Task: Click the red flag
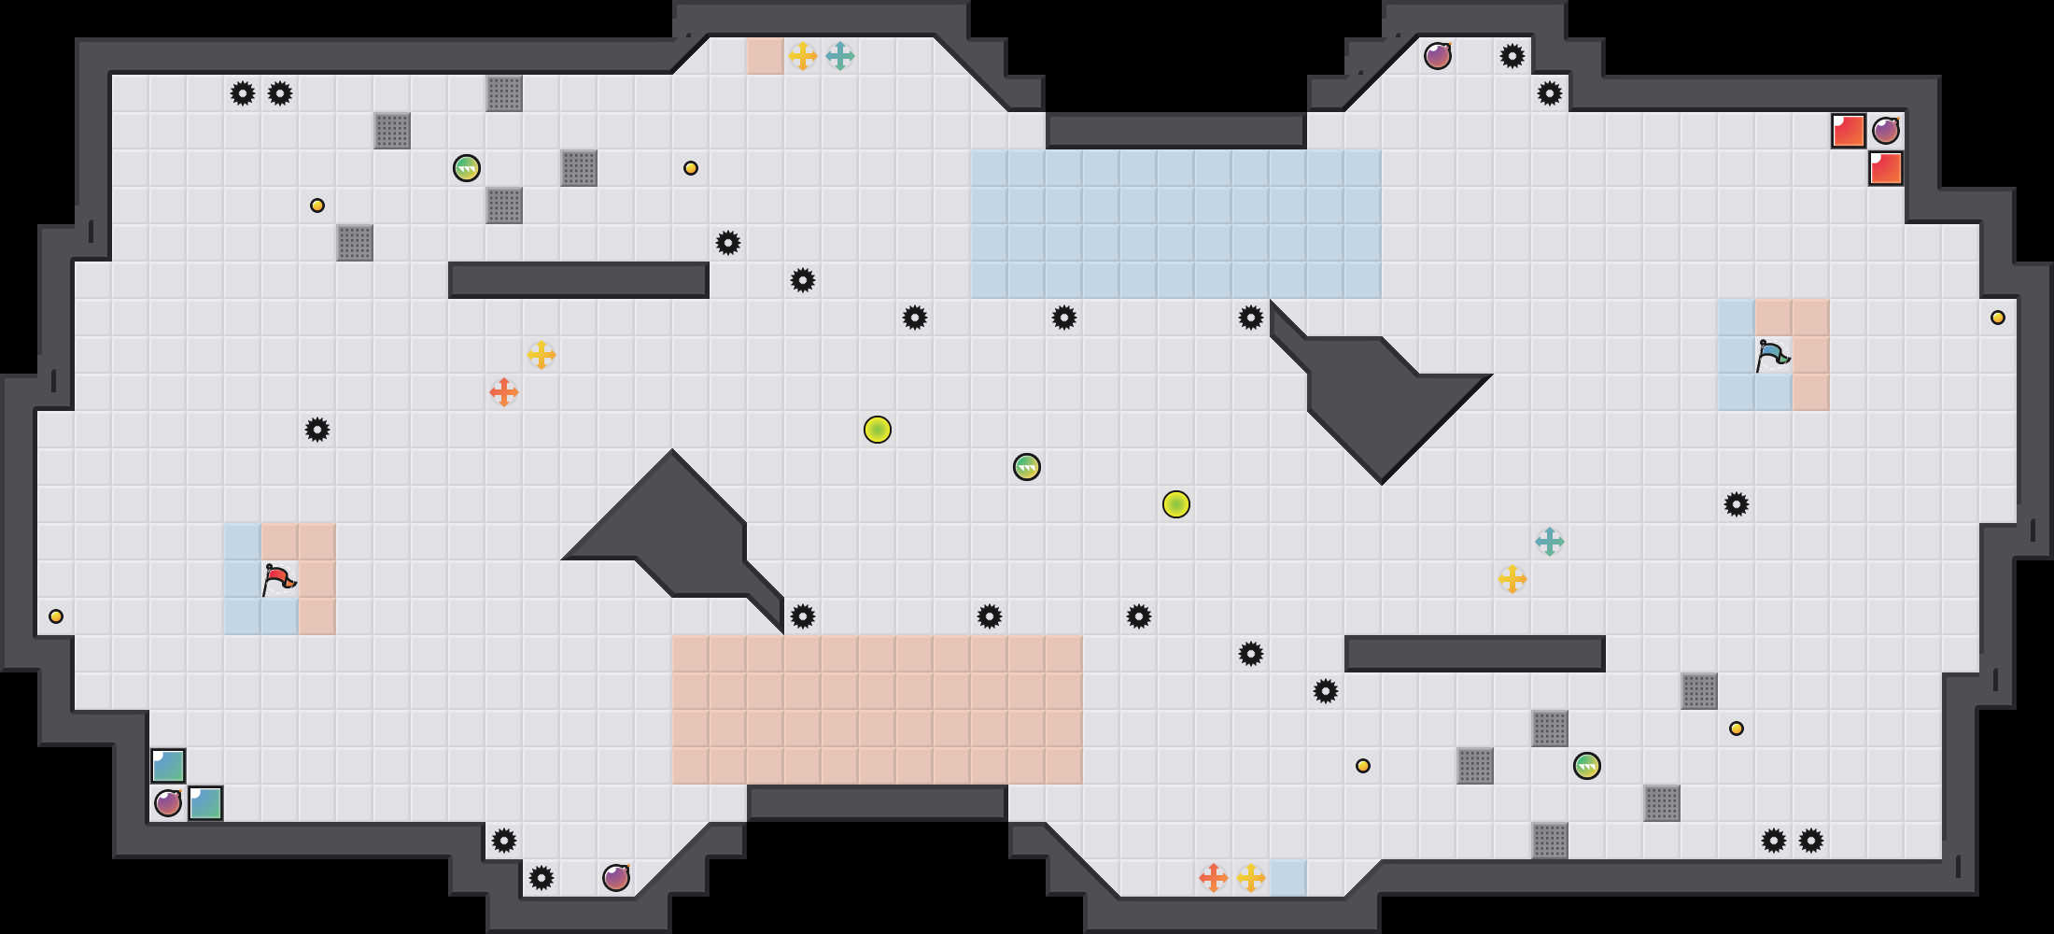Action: coord(278,579)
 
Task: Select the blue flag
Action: coord(1772,355)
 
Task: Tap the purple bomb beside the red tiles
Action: coord(1886,131)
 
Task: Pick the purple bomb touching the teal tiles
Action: coord(168,803)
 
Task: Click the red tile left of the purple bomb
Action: coord(1849,131)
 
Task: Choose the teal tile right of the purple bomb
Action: coord(205,803)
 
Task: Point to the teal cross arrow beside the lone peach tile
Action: coord(840,56)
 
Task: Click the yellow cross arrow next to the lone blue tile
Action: coord(1251,878)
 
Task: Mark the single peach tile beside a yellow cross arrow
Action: coord(766,56)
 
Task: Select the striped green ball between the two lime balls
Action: coord(1027,467)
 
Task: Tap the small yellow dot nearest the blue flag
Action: coord(1998,318)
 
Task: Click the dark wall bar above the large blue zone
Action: coord(1176,131)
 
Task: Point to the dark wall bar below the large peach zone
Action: coord(878,803)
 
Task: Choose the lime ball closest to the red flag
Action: coord(878,430)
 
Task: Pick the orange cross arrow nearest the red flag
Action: coord(504,392)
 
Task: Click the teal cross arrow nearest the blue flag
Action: coord(1550,542)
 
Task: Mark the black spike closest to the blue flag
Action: coord(1737,504)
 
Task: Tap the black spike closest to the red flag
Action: coord(317,430)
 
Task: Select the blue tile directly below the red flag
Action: coord(280,616)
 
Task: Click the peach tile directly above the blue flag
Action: coord(1774,318)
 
